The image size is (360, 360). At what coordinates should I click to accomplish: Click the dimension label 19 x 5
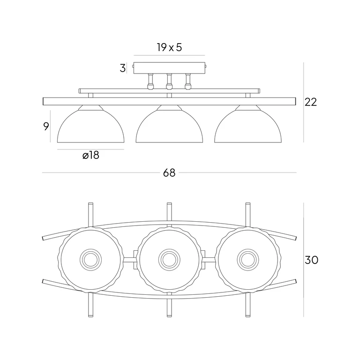pyautogui.click(x=169, y=47)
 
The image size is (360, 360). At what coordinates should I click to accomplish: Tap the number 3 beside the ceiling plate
pyautogui.click(x=123, y=68)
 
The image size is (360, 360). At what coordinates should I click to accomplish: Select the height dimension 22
pyautogui.click(x=311, y=102)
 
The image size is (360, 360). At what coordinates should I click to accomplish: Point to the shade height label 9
pyautogui.click(x=46, y=126)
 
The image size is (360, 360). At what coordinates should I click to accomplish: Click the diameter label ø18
pyautogui.click(x=90, y=156)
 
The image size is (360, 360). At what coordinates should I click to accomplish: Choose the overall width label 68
pyautogui.click(x=169, y=173)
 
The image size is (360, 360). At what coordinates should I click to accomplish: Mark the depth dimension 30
pyautogui.click(x=311, y=260)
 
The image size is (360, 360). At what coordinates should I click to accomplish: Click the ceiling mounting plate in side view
pyautogui.click(x=169, y=68)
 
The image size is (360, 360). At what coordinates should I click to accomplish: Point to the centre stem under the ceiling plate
pyautogui.click(x=169, y=81)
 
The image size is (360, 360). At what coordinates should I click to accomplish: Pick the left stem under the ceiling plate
pyautogui.click(x=151, y=81)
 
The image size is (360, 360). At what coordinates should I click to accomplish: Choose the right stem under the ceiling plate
pyautogui.click(x=188, y=81)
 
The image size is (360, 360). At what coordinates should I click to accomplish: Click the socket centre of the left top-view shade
pyautogui.click(x=90, y=258)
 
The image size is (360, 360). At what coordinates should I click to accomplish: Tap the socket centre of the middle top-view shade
pyautogui.click(x=169, y=258)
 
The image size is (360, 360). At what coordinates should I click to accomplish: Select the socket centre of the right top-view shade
pyautogui.click(x=248, y=258)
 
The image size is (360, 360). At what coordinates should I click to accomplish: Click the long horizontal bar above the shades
pyautogui.click(x=169, y=101)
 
